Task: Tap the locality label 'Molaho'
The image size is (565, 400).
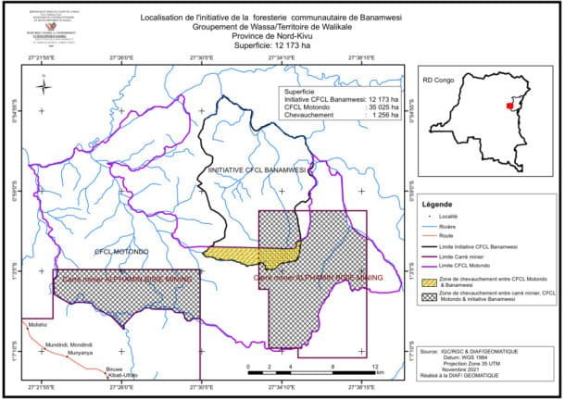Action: (x=38, y=327)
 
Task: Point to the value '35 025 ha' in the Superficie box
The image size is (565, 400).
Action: (x=382, y=108)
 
